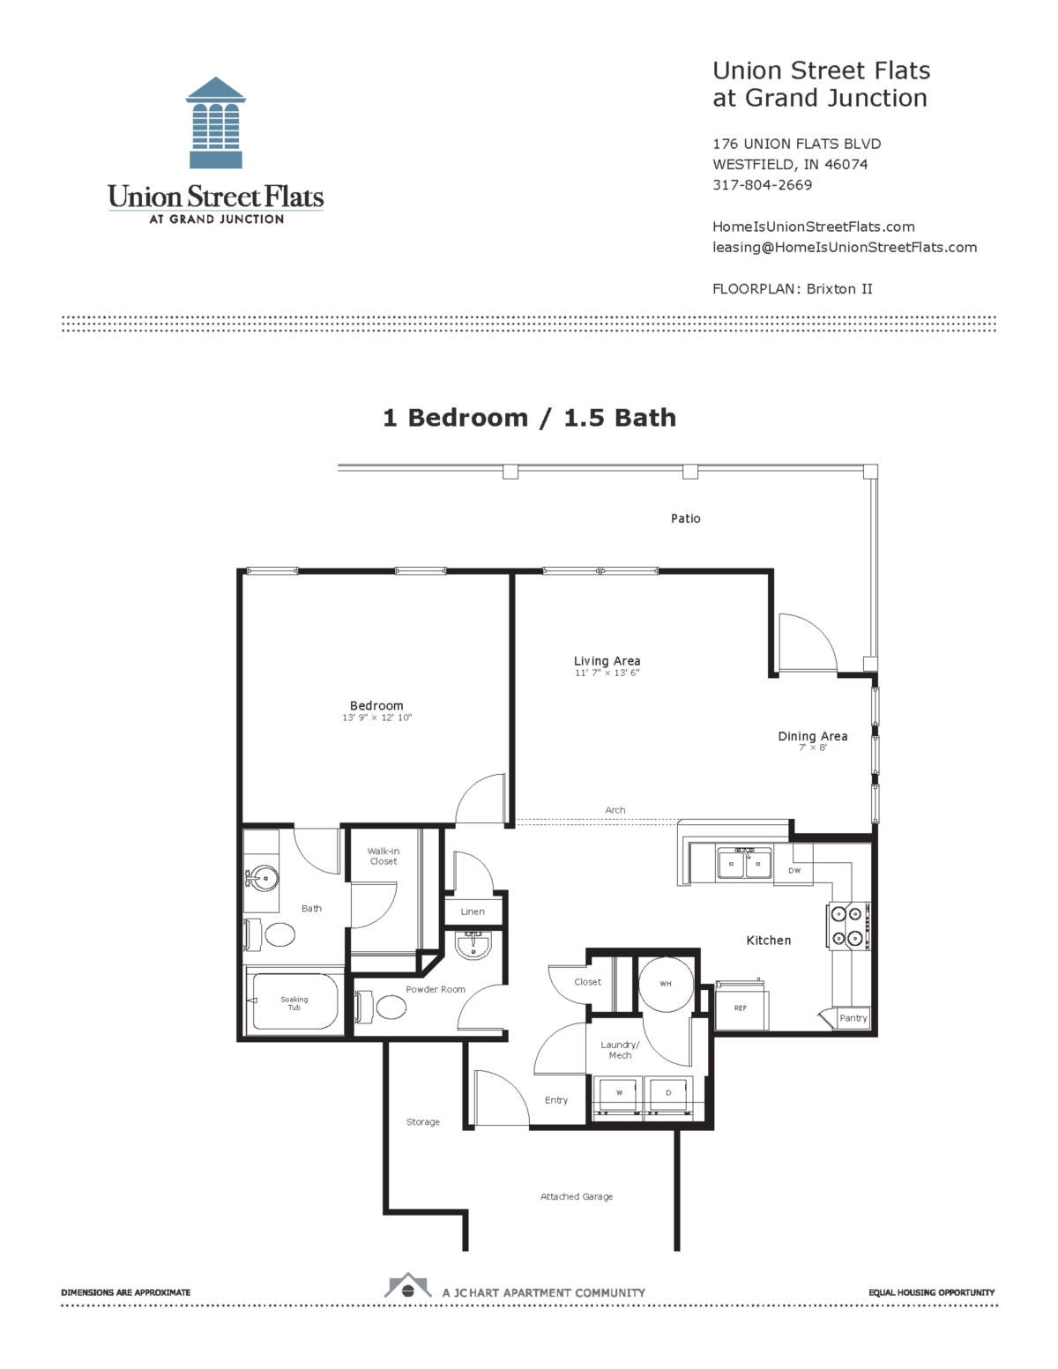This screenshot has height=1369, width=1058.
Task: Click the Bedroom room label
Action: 376,705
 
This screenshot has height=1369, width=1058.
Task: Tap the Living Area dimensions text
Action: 607,673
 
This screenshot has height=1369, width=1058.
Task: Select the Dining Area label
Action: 812,736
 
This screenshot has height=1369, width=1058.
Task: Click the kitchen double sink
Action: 744,865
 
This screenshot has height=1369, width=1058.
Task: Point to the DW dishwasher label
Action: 794,871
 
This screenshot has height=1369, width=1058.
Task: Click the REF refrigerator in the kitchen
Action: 741,1008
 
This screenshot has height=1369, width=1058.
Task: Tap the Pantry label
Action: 853,1018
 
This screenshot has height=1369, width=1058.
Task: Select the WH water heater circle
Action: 666,984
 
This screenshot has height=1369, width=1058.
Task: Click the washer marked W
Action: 619,1094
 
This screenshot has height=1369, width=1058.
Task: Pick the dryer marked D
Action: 668,1094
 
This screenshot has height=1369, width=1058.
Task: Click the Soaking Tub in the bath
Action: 294,1003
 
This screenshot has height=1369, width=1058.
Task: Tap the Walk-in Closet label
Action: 384,856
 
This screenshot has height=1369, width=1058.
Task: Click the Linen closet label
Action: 473,911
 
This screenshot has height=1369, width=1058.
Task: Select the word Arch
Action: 615,810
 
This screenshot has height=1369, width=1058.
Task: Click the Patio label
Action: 685,518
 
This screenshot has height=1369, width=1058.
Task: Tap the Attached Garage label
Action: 577,1196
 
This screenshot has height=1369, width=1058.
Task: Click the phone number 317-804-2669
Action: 762,185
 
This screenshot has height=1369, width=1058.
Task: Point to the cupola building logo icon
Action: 216,123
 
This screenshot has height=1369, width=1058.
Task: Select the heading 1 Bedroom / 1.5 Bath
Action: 529,418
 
